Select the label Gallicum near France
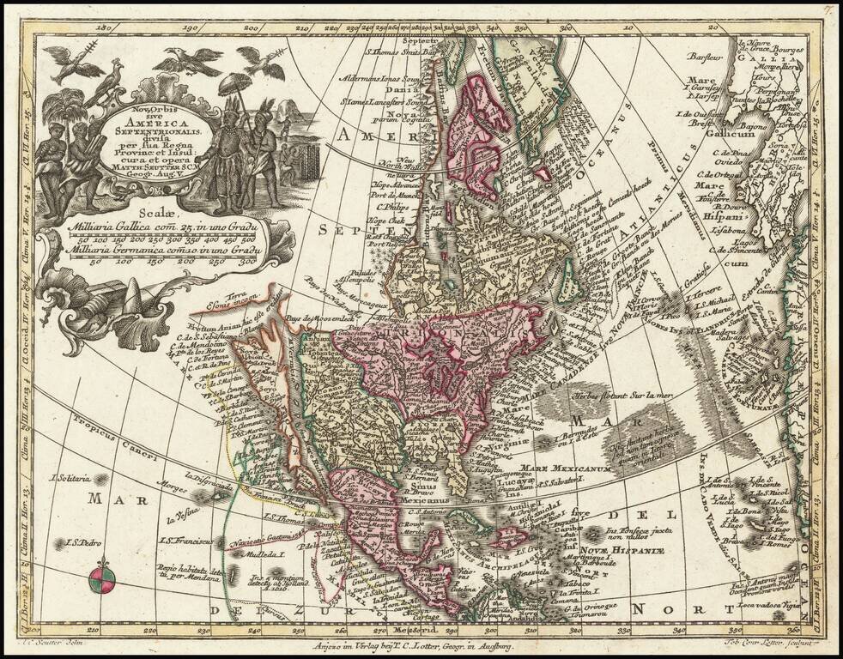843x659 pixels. tap(753, 136)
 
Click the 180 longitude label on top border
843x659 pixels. tap(106, 27)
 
